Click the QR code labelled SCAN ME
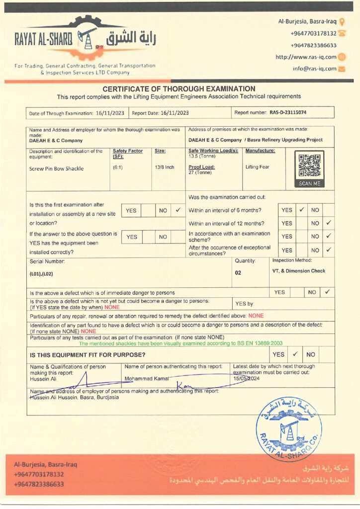[309, 166]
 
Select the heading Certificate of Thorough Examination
[179, 88]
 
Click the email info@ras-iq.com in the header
[315, 69]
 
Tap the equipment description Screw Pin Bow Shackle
[56, 169]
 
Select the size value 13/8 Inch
[165, 168]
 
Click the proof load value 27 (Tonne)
[200, 172]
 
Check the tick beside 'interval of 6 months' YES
[301, 210]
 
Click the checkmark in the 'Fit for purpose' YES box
[294, 354]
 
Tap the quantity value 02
[238, 272]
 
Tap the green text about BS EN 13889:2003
[180, 343]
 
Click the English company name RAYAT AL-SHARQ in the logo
[44, 38]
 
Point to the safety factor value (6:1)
[118, 168]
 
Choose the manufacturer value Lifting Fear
[258, 167]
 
